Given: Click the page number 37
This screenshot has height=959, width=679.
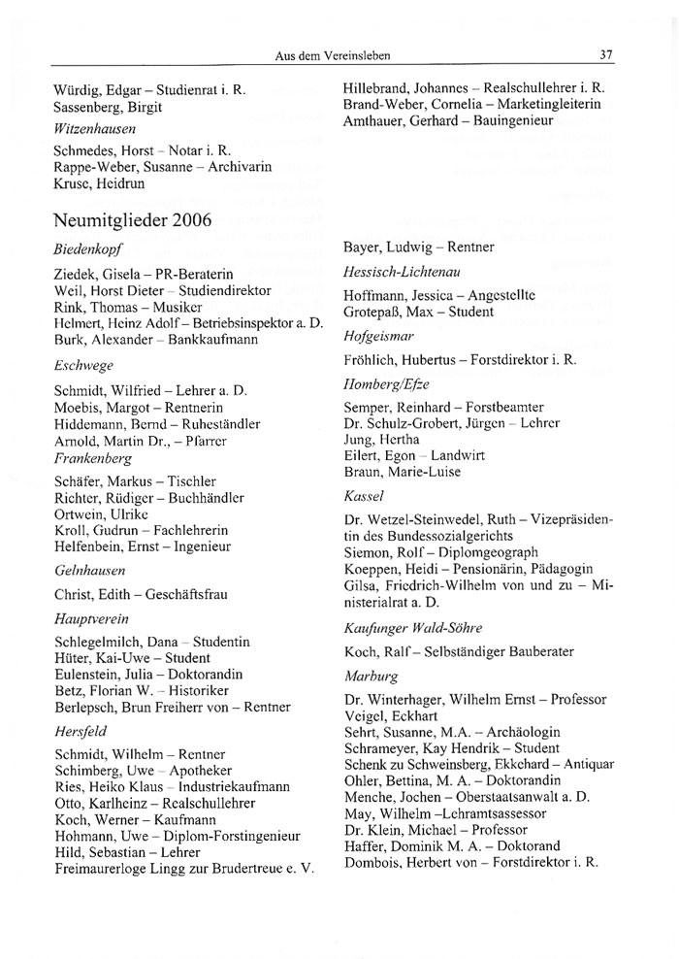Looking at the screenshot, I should [606, 54].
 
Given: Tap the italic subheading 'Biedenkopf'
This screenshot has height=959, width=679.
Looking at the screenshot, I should [86, 248].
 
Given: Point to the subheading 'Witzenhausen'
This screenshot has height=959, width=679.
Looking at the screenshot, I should [95, 127].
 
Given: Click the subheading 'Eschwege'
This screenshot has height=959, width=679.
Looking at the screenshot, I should [83, 366].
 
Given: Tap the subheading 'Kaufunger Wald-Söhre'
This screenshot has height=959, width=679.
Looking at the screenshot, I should [412, 627].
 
